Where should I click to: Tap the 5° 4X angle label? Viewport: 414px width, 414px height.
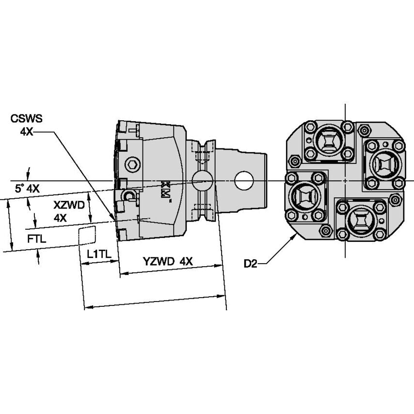(27, 189)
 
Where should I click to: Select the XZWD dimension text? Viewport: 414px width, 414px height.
(69, 205)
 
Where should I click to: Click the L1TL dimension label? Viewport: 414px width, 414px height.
(99, 254)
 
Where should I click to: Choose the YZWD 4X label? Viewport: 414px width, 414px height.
(168, 261)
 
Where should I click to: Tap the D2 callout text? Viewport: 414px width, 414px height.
(251, 264)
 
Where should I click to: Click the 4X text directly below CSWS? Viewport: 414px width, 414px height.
(26, 131)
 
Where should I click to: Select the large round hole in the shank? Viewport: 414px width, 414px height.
(243, 181)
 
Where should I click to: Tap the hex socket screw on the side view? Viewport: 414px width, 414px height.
(132, 164)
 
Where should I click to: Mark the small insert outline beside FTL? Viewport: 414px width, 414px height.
(87, 236)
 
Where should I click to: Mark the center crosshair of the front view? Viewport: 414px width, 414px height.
(345, 181)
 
